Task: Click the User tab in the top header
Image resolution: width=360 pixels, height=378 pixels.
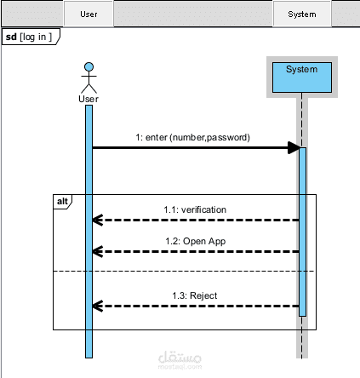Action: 89,14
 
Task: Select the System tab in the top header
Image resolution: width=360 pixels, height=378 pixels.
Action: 302,14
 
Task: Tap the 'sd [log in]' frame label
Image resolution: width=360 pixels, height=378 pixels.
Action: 29,37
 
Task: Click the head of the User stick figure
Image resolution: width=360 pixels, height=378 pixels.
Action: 89,66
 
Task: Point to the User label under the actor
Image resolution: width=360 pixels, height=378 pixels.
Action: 89,99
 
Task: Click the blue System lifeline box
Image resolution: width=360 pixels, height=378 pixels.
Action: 302,77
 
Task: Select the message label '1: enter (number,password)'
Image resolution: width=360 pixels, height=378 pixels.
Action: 192,137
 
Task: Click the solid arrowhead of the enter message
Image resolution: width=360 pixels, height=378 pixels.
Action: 294,147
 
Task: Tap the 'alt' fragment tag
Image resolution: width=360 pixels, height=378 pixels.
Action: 62,201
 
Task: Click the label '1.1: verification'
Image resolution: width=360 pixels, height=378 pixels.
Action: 195,209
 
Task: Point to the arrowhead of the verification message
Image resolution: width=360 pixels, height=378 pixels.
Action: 97,220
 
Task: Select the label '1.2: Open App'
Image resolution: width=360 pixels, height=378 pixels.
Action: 196,241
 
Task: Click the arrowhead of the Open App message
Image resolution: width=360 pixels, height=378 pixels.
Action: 97,252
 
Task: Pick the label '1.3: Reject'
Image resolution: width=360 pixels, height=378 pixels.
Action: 195,295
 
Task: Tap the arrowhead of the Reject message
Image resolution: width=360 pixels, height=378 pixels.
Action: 97,306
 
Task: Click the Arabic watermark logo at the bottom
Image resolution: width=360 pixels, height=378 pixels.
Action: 180,360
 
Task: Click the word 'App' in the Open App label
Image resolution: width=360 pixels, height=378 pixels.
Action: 217,242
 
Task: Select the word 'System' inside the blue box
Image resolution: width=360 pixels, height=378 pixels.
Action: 301,69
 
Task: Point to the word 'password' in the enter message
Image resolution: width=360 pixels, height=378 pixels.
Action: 228,138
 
